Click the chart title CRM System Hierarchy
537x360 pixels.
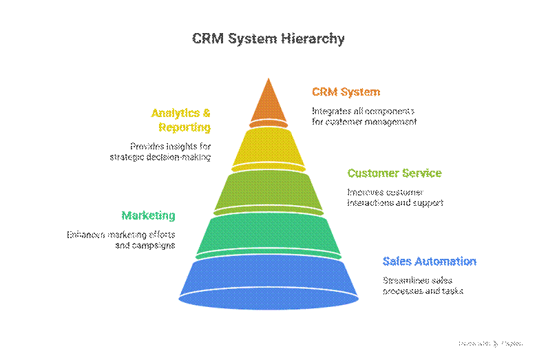(x=268, y=39)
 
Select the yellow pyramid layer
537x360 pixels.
(x=268, y=147)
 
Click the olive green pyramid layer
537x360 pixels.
(x=268, y=191)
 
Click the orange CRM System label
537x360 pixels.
(x=346, y=92)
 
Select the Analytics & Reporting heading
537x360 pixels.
(x=181, y=120)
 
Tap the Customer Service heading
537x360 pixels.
(x=394, y=173)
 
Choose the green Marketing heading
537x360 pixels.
(x=149, y=215)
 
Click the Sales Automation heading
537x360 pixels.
(x=430, y=262)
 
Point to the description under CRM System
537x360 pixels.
(x=364, y=116)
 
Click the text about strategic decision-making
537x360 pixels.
(x=160, y=151)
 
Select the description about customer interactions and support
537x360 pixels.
(x=394, y=198)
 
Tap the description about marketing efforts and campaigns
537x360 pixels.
(x=121, y=240)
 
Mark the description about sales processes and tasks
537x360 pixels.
(x=423, y=286)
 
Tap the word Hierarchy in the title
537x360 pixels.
(x=313, y=39)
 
